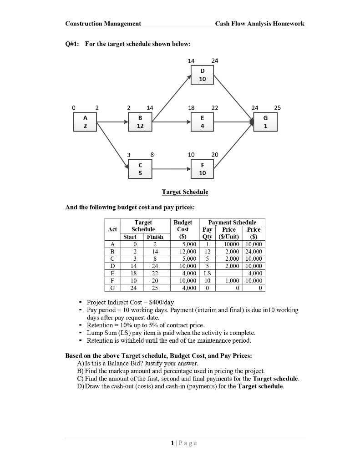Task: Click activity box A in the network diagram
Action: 85,122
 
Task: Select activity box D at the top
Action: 203,75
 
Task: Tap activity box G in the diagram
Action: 265,122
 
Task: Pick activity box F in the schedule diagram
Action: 203,169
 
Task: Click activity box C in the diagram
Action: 140,169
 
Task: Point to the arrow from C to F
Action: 172,169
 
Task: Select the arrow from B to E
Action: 172,122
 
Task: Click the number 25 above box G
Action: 278,108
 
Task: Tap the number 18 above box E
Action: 191,108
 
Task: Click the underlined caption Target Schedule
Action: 185,192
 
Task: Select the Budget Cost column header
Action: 183,229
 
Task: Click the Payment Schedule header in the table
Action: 232,223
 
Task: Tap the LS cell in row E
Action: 207,273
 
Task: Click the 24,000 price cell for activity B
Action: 254,251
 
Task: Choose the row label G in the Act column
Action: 112,288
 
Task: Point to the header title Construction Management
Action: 103,24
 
